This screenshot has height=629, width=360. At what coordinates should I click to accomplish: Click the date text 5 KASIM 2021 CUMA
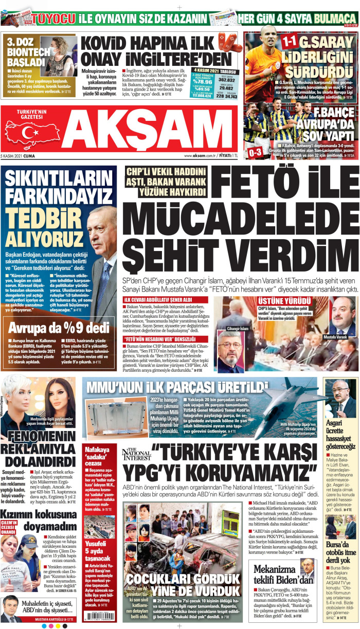pos(19,155)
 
